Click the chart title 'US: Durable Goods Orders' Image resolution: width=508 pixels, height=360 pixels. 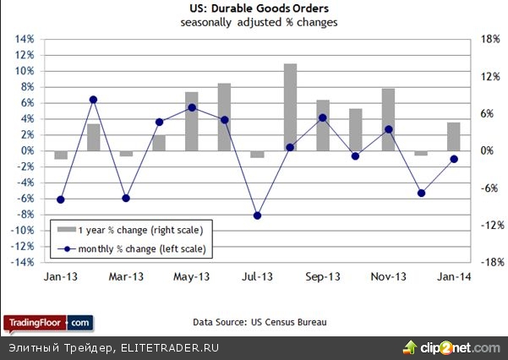(259, 9)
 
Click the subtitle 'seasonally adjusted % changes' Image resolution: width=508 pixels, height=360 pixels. (259, 23)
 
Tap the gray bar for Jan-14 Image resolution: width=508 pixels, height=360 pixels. (454, 136)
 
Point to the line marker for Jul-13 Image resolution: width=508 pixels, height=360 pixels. (257, 215)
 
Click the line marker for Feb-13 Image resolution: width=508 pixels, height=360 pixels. (93, 100)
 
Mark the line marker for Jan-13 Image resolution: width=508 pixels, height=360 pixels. (60, 200)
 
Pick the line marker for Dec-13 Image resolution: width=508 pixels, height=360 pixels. (421, 193)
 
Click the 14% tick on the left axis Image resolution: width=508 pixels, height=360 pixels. (24, 40)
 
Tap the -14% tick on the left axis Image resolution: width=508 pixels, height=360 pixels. (22, 263)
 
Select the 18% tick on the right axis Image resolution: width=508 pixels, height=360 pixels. (487, 40)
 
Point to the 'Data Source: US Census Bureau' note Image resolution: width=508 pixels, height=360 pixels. (259, 322)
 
